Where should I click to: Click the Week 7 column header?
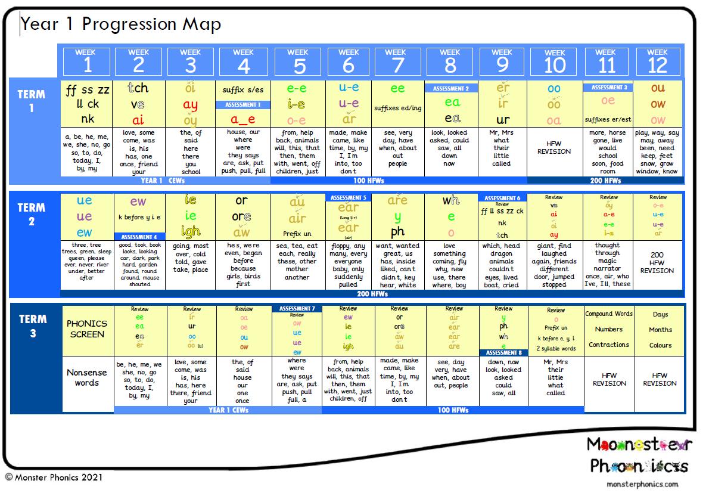pos(398,60)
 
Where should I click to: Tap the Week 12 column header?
pos(657,60)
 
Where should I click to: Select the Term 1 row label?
pos(32,101)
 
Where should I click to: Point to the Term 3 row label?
pos(32,325)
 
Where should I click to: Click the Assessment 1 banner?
pos(243,104)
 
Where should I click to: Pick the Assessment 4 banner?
pos(139,237)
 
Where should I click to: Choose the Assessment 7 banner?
pos(296,309)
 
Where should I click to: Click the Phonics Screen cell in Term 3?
pos(87,328)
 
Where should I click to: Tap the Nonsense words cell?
pos(87,377)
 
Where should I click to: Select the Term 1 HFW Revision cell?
pos(554,147)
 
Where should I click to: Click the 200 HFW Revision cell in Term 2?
pos(657,262)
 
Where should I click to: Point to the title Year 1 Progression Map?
pos(121,24)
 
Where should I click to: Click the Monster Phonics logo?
pos(638,454)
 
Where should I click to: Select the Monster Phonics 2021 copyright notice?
pos(54,478)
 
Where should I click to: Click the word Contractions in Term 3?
pos(608,345)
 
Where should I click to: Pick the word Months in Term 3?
pos(660,330)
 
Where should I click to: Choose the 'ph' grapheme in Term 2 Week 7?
pos(397,231)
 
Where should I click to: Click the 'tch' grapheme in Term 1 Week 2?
pos(138,88)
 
